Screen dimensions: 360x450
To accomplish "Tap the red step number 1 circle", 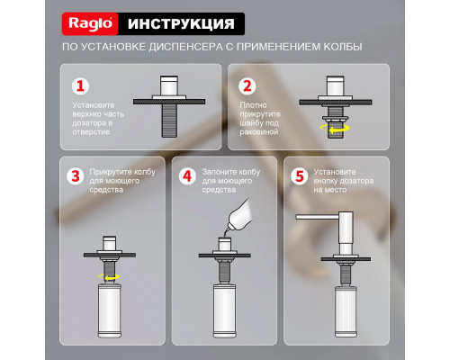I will click(x=81, y=87).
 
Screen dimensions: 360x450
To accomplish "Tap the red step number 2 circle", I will click(x=247, y=87).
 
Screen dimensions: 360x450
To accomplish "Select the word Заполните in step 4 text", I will click(x=220, y=170).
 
